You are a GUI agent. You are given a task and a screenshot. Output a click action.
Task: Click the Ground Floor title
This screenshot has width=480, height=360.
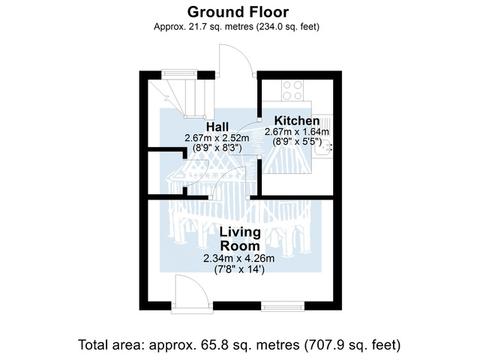(238, 12)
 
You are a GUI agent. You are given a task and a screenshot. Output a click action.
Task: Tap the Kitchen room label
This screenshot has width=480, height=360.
(297, 121)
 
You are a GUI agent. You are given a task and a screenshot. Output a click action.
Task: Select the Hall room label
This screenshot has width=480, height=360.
(217, 127)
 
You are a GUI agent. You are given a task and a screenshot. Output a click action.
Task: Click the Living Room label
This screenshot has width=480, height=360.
(240, 239)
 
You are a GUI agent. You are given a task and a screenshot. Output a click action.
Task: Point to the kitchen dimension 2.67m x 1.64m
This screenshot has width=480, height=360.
(297, 132)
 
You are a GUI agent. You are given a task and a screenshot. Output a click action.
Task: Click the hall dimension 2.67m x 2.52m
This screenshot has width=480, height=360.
(217, 138)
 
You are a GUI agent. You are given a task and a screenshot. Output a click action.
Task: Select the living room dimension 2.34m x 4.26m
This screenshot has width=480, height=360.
(238, 259)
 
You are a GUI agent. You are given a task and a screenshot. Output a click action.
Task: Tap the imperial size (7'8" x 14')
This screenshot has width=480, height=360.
(238, 270)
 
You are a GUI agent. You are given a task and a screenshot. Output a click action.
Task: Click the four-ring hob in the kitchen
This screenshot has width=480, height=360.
(292, 90)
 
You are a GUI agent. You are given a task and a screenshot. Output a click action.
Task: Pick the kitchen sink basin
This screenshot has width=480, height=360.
(324, 147)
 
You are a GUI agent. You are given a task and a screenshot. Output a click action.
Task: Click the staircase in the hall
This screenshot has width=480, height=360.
(181, 98)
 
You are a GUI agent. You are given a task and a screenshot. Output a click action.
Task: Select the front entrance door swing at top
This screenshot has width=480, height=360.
(235, 61)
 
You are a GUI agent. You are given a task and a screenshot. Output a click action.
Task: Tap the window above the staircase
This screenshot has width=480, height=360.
(179, 73)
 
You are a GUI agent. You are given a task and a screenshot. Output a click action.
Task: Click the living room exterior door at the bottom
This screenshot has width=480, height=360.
(192, 294)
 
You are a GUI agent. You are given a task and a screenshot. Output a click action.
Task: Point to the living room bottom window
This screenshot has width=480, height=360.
(283, 306)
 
